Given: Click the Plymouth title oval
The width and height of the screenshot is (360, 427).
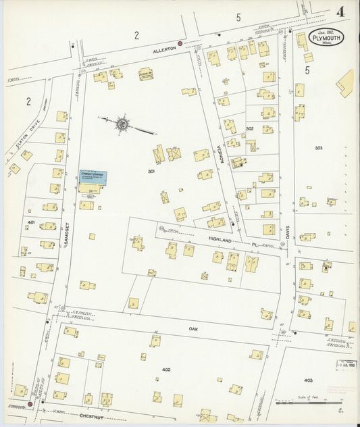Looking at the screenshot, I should pos(327,39).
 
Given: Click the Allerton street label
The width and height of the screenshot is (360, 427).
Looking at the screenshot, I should pos(164,50).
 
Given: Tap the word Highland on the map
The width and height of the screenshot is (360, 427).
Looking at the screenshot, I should pos(220,241).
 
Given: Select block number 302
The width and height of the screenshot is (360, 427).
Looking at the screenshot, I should pos(250,128).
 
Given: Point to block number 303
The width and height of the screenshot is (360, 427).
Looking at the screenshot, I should pos(318,147).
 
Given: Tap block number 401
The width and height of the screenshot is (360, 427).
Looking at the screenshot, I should pos(31,222).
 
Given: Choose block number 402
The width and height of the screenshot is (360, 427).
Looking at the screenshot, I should pos(167,370).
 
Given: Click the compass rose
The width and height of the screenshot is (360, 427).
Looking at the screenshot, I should pos(122,124).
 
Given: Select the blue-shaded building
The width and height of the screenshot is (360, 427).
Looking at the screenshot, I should pos(91,178).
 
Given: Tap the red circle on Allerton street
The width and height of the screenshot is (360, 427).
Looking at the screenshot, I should pos(180,45).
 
